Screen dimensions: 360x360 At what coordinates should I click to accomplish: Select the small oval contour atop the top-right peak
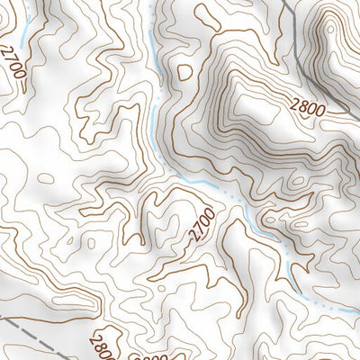(331, 29)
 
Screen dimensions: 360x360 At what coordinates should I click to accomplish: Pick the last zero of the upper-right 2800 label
(320, 110)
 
